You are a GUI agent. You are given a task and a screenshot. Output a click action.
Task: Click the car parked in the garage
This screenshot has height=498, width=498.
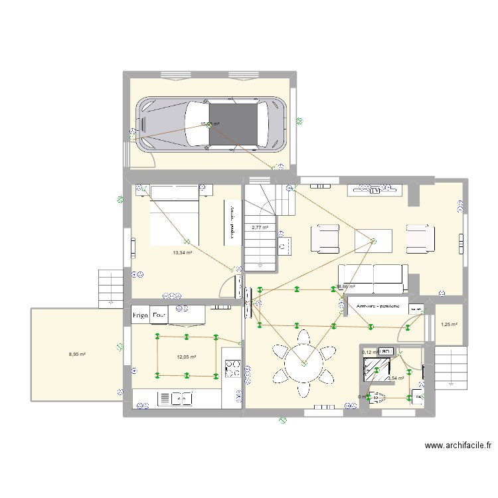211,124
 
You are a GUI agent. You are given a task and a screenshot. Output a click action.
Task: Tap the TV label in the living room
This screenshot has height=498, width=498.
375,189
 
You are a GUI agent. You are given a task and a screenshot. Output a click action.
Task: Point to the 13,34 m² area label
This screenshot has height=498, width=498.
182,252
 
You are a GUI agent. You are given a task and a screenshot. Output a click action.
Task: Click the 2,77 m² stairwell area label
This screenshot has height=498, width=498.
260,227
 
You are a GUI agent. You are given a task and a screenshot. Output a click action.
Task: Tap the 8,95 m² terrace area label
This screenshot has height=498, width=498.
78,354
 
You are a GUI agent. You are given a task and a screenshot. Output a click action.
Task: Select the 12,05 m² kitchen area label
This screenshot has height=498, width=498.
187,357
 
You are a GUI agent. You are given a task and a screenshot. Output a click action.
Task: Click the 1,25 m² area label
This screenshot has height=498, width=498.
449,324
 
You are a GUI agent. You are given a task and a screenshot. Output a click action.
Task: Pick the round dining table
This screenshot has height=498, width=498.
303,363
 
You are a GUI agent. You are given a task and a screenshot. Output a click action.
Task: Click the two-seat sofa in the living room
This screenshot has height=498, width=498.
373,278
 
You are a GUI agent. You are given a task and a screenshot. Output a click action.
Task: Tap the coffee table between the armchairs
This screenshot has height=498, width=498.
373,239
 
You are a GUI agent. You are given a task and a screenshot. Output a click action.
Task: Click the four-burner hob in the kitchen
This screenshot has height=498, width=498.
232,368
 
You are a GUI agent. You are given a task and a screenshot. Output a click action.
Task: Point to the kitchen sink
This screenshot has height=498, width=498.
173,398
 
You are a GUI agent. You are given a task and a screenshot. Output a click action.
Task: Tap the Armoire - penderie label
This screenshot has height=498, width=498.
377,307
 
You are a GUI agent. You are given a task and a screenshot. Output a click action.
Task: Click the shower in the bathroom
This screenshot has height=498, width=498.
376,365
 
